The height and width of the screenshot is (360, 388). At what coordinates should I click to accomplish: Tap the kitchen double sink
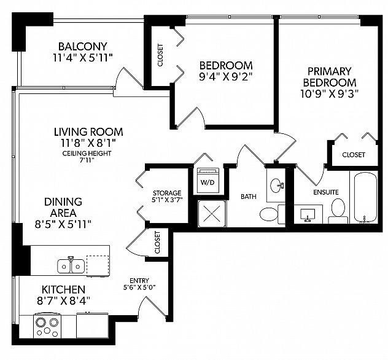(x=71, y=265)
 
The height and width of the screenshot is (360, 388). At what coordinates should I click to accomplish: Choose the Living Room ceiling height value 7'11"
(x=88, y=161)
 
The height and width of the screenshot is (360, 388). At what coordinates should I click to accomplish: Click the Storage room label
(x=167, y=192)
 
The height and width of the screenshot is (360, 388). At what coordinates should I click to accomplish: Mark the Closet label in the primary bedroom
(x=353, y=155)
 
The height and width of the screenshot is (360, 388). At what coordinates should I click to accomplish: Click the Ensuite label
(x=325, y=192)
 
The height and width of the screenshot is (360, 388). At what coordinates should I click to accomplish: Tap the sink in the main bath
(x=276, y=184)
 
